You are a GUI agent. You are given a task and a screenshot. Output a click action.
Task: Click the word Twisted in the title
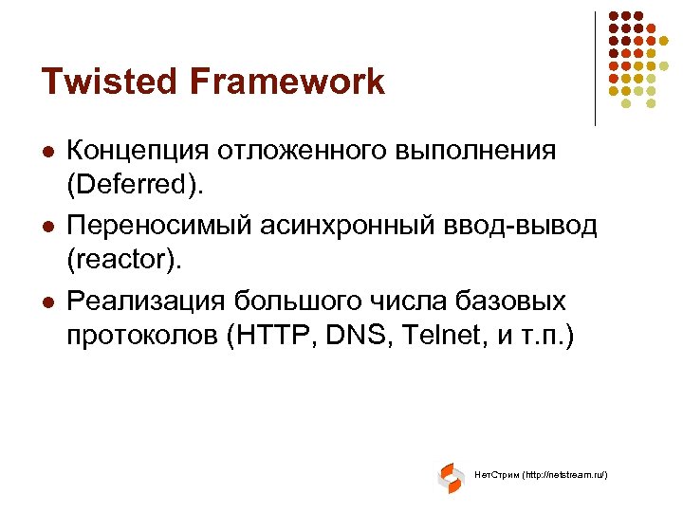pos(102,82)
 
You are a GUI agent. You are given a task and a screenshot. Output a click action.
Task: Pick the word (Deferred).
pos(135,182)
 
